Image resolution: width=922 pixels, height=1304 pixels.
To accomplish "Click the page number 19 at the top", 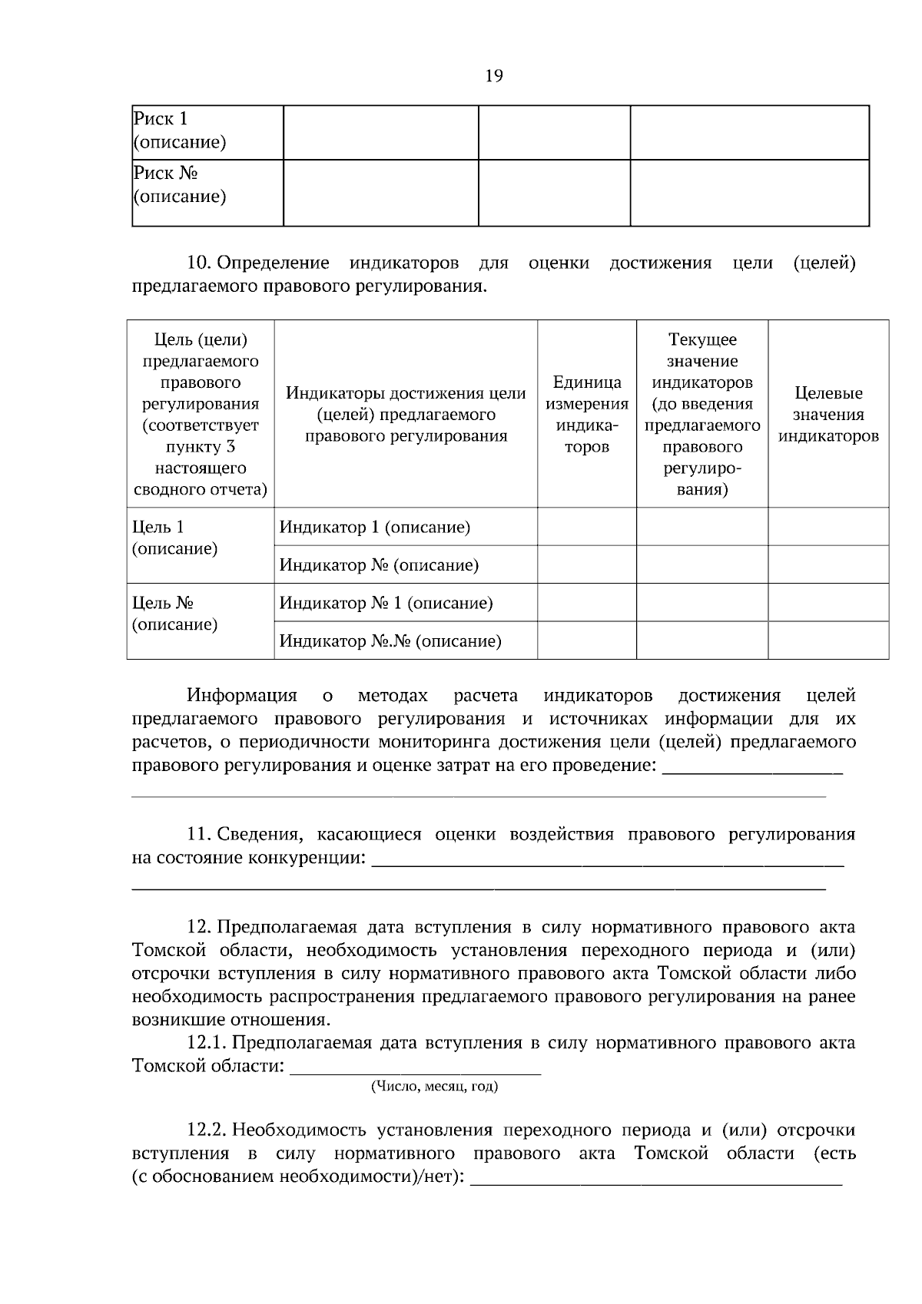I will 494,75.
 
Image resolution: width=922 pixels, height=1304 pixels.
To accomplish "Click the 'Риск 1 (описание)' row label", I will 180,131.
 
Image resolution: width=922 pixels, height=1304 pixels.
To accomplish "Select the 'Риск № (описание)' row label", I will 180,185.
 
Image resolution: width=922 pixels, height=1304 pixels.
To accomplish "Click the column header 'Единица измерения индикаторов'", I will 587,414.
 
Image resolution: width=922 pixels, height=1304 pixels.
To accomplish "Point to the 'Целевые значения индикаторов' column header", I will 828,415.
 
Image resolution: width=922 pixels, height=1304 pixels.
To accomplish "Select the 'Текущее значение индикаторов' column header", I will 702,414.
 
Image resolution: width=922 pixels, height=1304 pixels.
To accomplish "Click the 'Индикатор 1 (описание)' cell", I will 375,528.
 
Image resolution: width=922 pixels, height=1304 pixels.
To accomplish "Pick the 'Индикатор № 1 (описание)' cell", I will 386,603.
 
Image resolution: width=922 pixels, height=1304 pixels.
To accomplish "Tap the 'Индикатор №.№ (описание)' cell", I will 390,641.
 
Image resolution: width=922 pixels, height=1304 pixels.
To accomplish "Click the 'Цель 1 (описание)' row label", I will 175,538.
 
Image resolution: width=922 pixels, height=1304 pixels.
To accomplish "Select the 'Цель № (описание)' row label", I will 175,614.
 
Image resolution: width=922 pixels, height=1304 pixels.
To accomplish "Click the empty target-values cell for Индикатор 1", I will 828,528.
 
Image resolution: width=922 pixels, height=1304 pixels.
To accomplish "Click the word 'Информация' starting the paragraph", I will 242,696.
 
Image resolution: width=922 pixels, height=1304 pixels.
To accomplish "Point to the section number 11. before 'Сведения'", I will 199,835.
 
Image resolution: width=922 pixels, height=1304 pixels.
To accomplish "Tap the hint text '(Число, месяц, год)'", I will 434,1087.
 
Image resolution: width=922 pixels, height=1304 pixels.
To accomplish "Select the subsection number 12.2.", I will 206,1130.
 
